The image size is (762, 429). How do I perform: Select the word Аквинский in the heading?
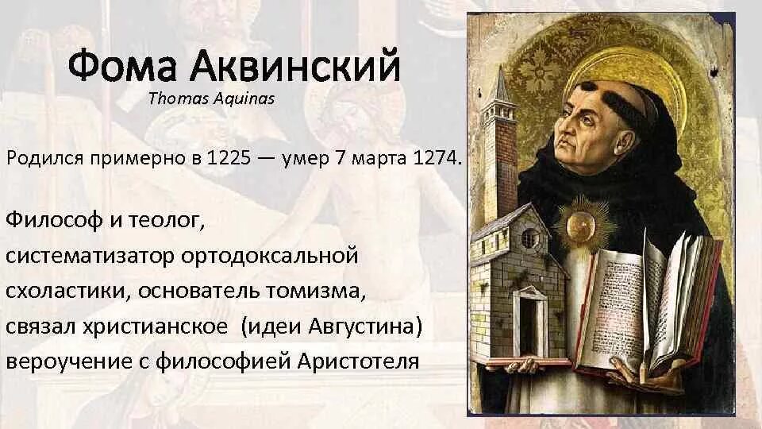293,67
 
